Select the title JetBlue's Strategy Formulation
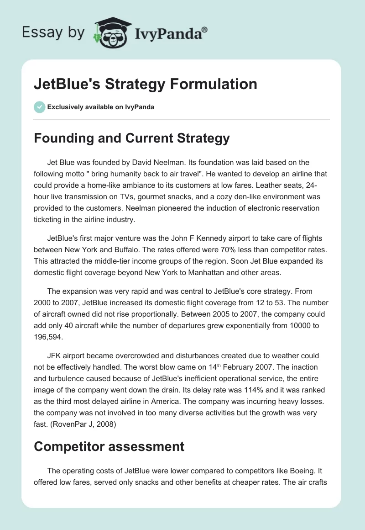(x=145, y=84)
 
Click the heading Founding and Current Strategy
(x=131, y=139)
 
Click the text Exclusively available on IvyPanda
(x=100, y=107)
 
